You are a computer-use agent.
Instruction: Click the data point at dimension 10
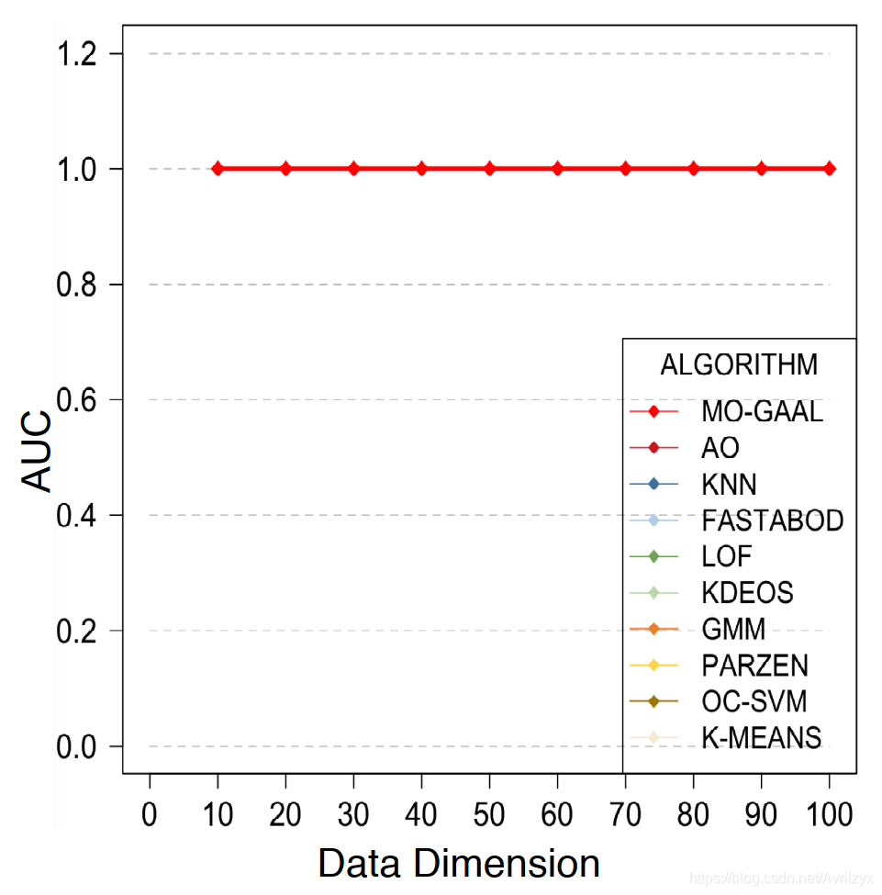tap(218, 169)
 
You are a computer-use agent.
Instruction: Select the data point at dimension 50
tap(489, 169)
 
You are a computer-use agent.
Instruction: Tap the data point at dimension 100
tap(830, 169)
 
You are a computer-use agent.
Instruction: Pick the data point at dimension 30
tap(353, 169)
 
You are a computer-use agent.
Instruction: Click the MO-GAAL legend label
tap(762, 411)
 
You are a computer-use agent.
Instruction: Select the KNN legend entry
tap(729, 484)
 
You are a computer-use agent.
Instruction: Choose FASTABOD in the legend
tap(772, 520)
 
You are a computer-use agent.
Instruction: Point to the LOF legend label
tap(726, 556)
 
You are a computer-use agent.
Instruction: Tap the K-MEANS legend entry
tap(761, 737)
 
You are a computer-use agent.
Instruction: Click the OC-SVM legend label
tap(754, 701)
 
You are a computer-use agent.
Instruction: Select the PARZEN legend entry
tap(754, 665)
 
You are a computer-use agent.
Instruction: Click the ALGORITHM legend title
tap(739, 364)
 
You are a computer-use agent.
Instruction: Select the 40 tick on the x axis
tap(421, 814)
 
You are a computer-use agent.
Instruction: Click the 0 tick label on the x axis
tap(150, 814)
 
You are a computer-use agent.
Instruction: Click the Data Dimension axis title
tap(459, 864)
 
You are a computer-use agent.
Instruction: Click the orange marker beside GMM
tap(653, 629)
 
